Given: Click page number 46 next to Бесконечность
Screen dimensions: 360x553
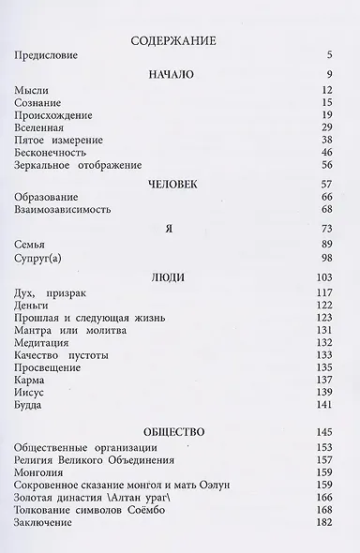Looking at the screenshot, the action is coord(328,151).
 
